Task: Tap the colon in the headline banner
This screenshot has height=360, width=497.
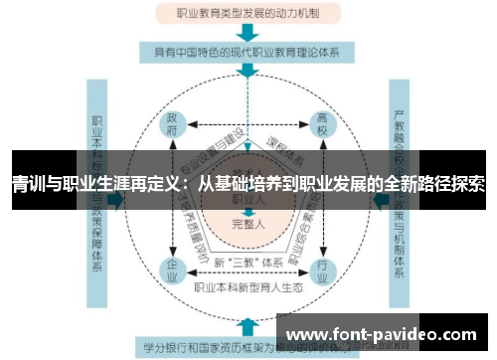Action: pyautogui.click(x=185, y=183)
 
